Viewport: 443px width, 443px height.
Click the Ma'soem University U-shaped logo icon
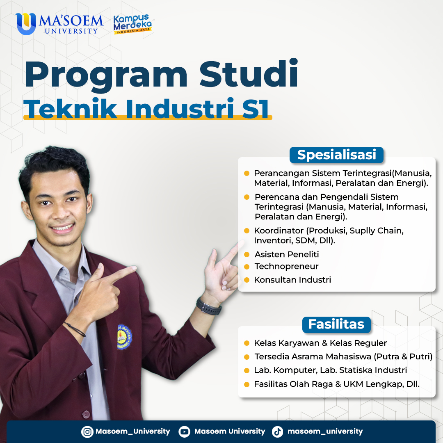tap(26, 24)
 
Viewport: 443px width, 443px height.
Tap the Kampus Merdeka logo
tap(132, 24)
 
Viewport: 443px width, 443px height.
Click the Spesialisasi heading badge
tap(336, 155)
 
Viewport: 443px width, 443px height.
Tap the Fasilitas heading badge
tap(336, 324)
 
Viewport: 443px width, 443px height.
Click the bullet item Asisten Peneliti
tap(286, 254)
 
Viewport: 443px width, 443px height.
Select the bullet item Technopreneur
tap(286, 267)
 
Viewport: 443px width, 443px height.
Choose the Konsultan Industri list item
tap(292, 280)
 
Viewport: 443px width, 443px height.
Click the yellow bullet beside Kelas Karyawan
tap(247, 343)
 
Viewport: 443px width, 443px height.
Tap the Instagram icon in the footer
tap(87, 432)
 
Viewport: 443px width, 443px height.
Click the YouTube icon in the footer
tap(185, 432)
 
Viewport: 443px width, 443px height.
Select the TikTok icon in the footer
tap(277, 432)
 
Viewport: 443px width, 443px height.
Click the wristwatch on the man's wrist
tap(209, 306)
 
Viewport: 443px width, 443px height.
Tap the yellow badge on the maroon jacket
tap(124, 337)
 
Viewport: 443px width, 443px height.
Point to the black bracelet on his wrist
tap(75, 329)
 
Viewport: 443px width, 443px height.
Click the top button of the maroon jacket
tap(82, 375)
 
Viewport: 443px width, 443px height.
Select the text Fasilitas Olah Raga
tap(293, 384)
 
